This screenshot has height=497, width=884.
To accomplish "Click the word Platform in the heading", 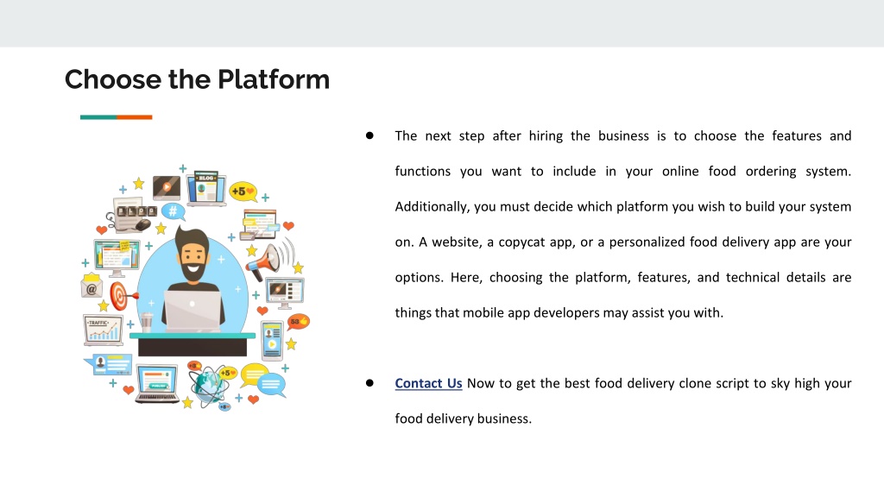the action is coord(274,79).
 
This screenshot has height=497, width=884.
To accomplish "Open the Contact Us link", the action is coord(428,383).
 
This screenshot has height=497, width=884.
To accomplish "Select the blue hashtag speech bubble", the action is coord(173,212).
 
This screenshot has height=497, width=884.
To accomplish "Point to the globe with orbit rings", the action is coord(209,384).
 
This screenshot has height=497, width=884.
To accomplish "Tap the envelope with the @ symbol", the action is coord(92,286).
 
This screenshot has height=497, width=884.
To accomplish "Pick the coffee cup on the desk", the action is coord(147,323).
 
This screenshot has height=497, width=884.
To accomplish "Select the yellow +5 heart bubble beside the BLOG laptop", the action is coord(243,192).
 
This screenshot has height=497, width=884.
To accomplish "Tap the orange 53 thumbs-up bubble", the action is coord(298,322).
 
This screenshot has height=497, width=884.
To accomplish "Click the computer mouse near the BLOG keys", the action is coord(143,225).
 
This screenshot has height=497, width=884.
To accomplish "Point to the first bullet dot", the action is coord(369,135).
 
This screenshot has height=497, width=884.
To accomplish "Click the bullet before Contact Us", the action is coord(369,383).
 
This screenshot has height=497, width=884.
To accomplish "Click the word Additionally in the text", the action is coord(432,207).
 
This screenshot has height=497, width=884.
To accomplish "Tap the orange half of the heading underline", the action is coord(134,117).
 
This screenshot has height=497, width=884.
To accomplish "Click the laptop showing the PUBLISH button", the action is coord(157,383).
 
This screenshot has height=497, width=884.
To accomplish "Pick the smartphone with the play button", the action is coord(272,340).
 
